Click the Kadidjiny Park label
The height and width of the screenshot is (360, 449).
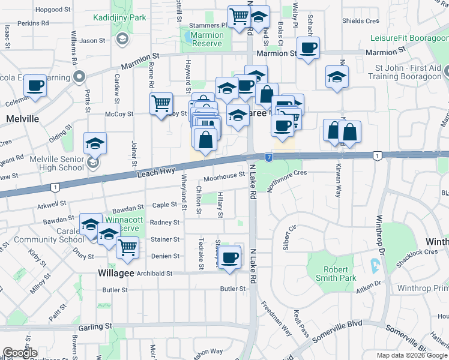(119, 18)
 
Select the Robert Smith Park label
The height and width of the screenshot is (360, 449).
(331, 274)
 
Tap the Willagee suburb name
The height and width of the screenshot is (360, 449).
(119, 272)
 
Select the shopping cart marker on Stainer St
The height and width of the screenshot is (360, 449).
(127, 247)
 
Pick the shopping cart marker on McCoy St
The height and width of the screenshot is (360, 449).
(161, 104)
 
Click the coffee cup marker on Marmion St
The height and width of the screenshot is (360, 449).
(308, 47)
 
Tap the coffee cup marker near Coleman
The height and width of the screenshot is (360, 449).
(35, 85)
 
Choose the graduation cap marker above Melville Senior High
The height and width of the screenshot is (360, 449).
(95, 143)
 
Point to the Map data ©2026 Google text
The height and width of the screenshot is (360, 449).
(411, 355)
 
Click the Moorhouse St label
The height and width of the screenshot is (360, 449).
(223, 176)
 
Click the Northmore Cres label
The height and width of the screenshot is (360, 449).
(287, 173)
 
